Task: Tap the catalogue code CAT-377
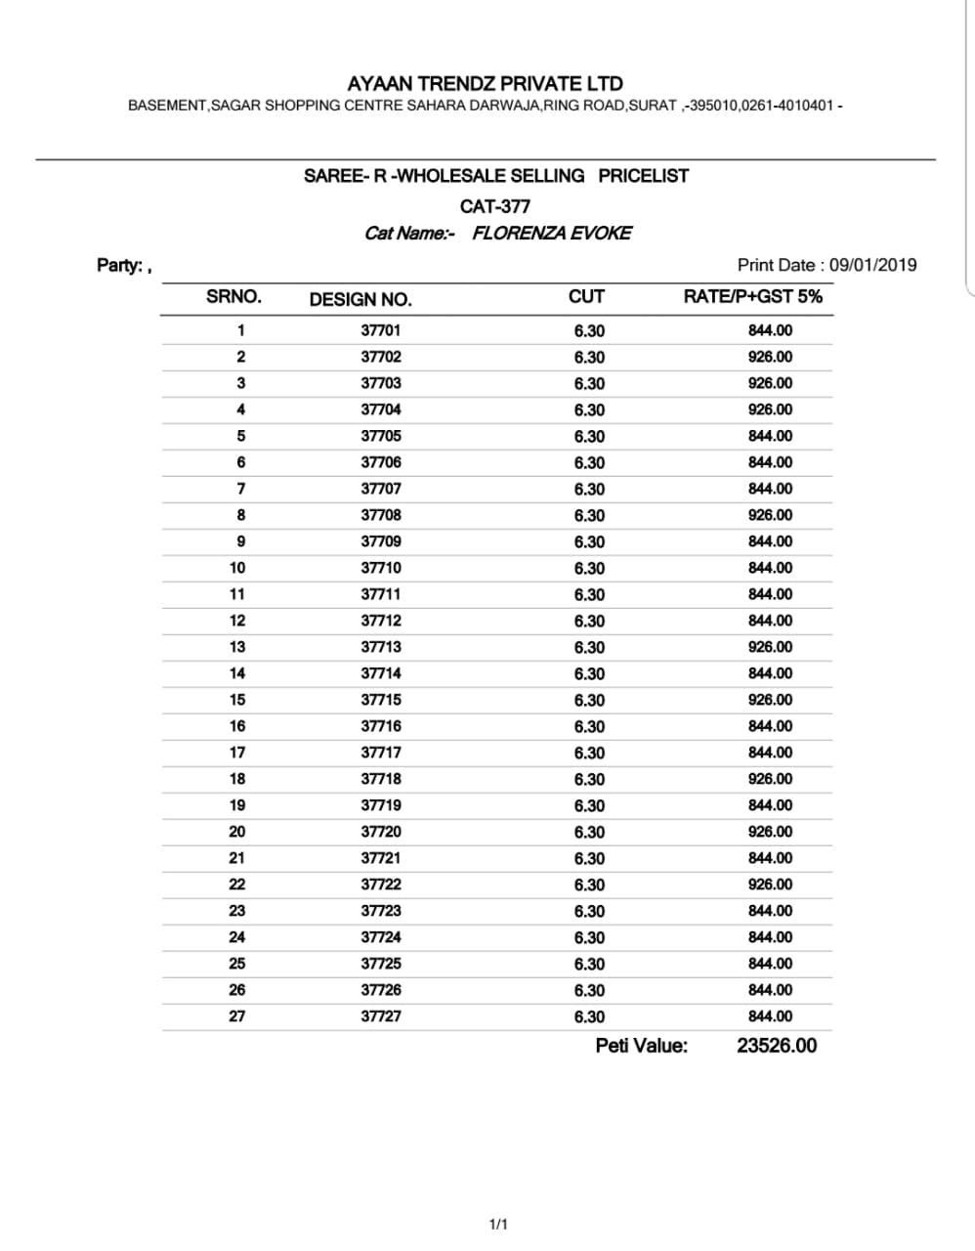495,206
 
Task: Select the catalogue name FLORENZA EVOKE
552,233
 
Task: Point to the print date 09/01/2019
872,265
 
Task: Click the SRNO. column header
233,296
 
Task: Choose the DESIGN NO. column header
360,299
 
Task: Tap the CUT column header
586,296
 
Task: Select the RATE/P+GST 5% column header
752,296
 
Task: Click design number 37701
381,330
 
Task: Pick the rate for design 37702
770,357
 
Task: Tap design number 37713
381,647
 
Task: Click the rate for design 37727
770,1016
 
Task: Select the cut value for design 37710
589,568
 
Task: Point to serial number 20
237,832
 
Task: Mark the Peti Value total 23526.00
777,1046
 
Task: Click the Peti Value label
641,1046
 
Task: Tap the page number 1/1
497,1224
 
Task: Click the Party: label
121,265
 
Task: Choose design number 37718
381,779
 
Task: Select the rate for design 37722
770,884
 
